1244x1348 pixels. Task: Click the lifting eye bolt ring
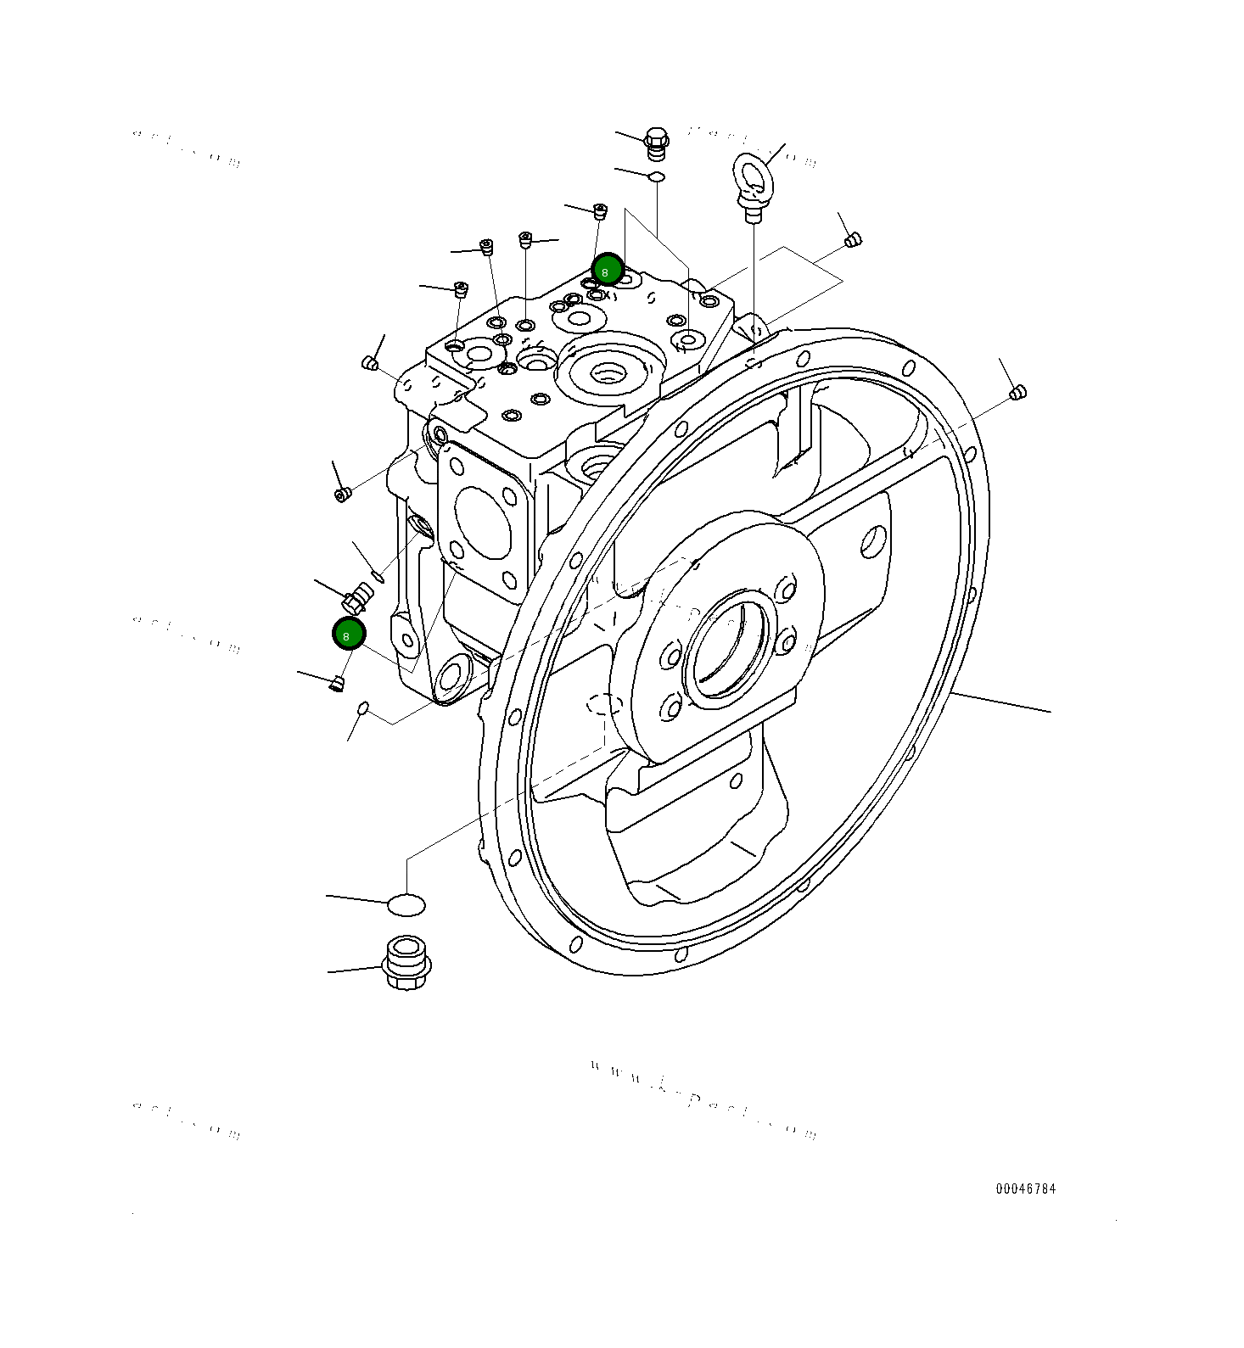[x=751, y=174]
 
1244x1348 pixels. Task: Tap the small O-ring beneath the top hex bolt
[x=656, y=176]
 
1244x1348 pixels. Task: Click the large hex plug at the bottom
[x=407, y=962]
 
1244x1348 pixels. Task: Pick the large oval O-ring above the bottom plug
[x=406, y=905]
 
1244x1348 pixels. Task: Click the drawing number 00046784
[x=1025, y=1189]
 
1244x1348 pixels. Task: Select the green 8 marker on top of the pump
[x=607, y=271]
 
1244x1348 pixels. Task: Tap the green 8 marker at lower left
[x=348, y=634]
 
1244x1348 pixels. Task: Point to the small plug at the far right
[x=1017, y=392]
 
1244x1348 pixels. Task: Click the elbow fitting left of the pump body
[x=356, y=597]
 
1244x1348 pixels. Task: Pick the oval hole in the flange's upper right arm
[x=872, y=540]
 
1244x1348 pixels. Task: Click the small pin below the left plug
[x=379, y=577]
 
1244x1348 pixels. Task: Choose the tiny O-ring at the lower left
[x=363, y=708]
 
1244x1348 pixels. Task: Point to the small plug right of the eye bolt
[x=854, y=240]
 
